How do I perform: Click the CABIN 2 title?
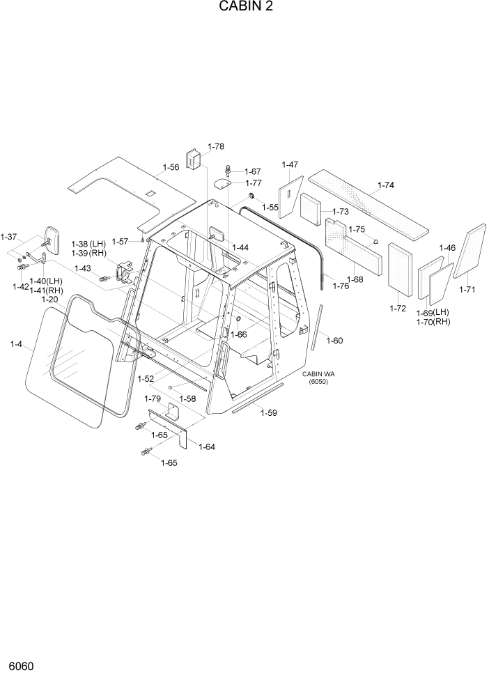(x=245, y=7)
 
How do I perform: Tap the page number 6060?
(x=21, y=667)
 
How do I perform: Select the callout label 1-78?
(x=216, y=147)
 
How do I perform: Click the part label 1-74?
(x=385, y=186)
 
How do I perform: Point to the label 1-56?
(x=171, y=167)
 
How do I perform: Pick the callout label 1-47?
(x=290, y=165)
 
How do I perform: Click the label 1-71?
(x=467, y=289)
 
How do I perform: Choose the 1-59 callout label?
(x=269, y=413)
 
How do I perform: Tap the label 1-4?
(x=16, y=343)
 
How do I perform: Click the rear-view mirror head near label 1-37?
(x=51, y=237)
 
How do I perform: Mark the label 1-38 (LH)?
(x=88, y=244)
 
